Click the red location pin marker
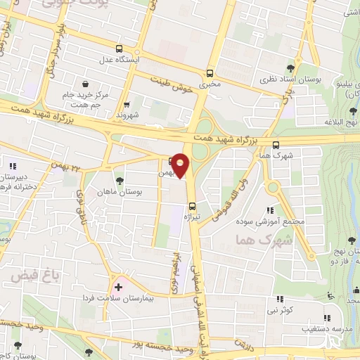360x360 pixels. click(x=181, y=165)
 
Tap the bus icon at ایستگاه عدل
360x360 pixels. click(x=119, y=49)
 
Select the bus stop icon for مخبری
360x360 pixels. click(x=210, y=72)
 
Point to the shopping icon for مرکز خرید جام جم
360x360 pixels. click(x=85, y=84)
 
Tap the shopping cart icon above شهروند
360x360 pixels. click(x=127, y=105)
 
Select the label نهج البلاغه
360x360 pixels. click(x=339, y=121)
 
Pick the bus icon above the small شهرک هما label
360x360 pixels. click(x=275, y=146)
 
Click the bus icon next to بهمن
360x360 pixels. click(x=173, y=160)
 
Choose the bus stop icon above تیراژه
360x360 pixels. click(x=192, y=205)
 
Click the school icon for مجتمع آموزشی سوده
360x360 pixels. click(x=270, y=210)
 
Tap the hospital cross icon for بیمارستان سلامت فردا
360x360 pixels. click(x=118, y=287)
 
